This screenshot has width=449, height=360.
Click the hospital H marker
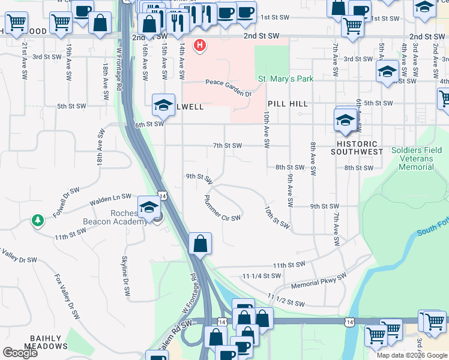(200, 45)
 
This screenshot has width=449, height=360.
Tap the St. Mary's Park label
(286, 79)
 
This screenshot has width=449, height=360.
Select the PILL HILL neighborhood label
(288, 104)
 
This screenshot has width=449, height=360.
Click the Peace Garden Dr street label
(228, 88)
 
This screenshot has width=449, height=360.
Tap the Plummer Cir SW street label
(222, 208)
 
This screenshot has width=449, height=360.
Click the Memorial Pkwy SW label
(319, 281)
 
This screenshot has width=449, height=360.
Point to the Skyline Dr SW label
(125, 273)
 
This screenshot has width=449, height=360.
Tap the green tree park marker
(38, 221)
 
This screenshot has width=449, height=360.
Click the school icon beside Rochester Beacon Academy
(148, 207)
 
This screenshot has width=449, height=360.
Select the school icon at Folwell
(163, 105)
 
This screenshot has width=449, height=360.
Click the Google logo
(20, 353)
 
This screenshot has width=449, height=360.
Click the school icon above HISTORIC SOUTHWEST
(346, 119)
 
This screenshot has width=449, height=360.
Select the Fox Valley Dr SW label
(67, 292)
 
